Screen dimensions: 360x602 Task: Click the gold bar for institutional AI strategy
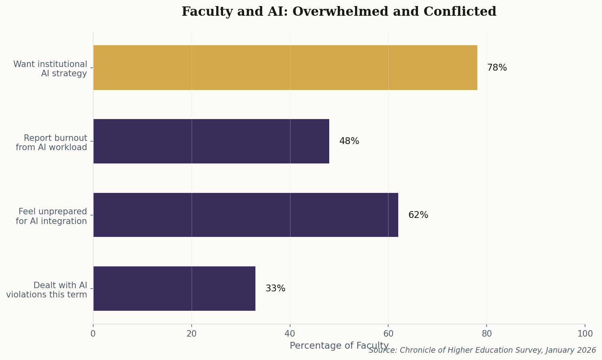click(x=285, y=67)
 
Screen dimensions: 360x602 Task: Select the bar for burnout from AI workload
click(x=211, y=141)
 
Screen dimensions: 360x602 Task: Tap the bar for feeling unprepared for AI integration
click(x=245, y=215)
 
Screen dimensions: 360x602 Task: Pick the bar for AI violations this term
click(x=174, y=289)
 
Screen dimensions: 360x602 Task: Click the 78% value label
click(x=497, y=68)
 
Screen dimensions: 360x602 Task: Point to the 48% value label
click(x=349, y=141)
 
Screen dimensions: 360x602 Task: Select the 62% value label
click(x=418, y=215)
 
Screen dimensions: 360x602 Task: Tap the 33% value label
click(x=275, y=289)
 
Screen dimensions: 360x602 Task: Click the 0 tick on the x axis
click(x=93, y=334)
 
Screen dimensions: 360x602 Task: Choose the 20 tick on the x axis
click(x=192, y=334)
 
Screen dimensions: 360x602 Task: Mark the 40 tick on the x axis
click(x=290, y=334)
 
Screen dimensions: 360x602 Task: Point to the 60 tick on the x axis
click(x=388, y=334)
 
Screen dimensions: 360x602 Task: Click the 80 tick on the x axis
click(x=487, y=334)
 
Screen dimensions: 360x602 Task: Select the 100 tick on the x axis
click(x=585, y=334)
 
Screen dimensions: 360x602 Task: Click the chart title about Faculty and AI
click(x=339, y=12)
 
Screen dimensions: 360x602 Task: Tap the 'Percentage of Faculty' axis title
click(x=339, y=345)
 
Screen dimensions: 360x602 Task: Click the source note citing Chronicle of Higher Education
click(x=482, y=350)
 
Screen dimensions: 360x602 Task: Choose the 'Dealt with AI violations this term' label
click(x=47, y=290)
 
